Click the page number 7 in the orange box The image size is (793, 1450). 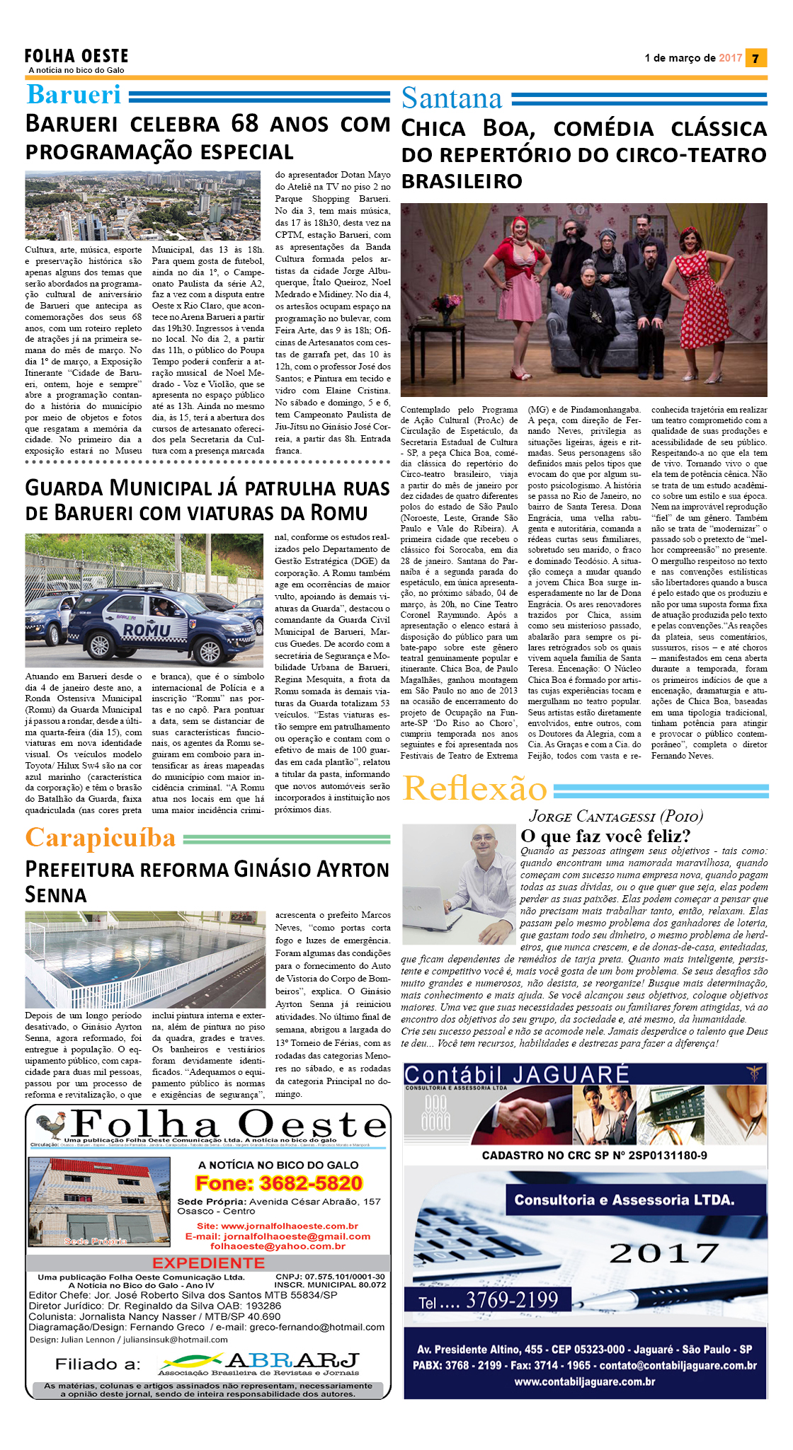tap(756, 58)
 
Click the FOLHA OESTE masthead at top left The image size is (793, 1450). tap(76, 57)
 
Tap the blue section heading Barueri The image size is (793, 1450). tap(74, 95)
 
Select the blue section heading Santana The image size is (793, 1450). tap(452, 98)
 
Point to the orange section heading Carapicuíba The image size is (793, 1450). tap(101, 838)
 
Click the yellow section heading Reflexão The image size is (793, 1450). tap(475, 788)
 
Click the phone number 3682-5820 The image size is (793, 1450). tap(279, 1183)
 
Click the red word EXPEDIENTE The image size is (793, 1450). tap(208, 1263)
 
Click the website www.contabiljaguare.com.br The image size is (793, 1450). tap(585, 1381)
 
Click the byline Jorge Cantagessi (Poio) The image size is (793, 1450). tap(616, 817)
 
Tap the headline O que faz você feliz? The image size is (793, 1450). tap(605, 836)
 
